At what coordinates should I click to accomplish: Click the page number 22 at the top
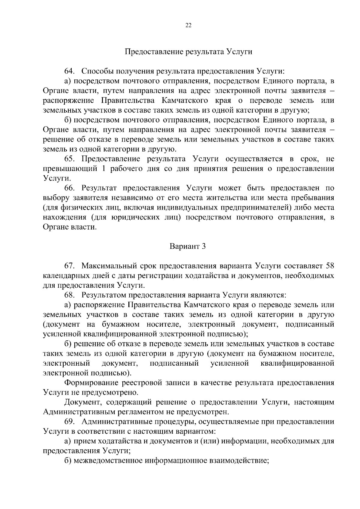tap(188, 25)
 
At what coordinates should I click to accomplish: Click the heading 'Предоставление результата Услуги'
tap(188, 52)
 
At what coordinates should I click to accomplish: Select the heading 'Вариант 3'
tap(188, 246)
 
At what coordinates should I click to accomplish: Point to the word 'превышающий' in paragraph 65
tap(70, 169)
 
